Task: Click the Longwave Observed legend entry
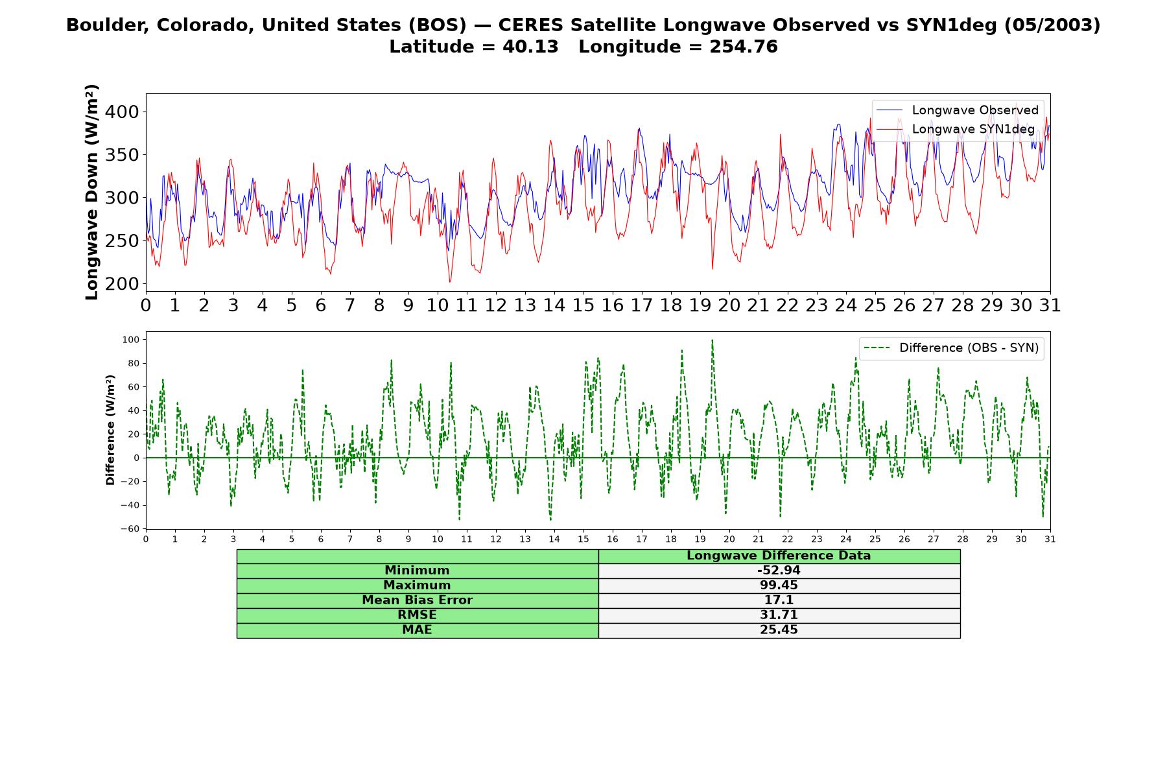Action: click(957, 110)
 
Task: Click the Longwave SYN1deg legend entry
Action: click(955, 129)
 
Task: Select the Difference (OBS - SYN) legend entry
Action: click(951, 348)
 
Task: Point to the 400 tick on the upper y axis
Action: click(122, 112)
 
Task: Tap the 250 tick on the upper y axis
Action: click(122, 241)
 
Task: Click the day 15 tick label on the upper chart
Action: click(583, 305)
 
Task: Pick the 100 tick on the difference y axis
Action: click(132, 340)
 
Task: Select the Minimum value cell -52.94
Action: click(779, 571)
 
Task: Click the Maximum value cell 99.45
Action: click(779, 585)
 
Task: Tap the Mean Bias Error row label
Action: click(417, 600)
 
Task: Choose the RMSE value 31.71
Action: click(779, 615)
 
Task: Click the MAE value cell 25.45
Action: click(779, 630)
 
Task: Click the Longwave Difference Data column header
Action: click(779, 556)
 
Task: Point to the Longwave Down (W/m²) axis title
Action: click(91, 192)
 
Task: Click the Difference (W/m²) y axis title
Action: click(110, 430)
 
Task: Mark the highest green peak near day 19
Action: click(712, 340)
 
